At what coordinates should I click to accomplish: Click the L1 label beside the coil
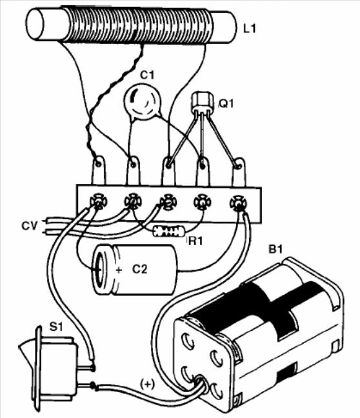tap(249, 28)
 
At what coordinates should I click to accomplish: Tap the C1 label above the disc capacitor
tap(147, 75)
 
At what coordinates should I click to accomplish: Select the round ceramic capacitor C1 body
tap(143, 101)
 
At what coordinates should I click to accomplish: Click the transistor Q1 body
tap(203, 102)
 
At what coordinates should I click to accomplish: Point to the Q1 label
tap(226, 103)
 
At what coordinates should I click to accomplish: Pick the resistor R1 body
tap(168, 231)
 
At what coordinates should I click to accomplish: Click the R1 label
tap(195, 241)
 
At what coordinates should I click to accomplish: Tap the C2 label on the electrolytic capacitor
tap(140, 269)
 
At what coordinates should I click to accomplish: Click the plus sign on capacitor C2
tap(119, 270)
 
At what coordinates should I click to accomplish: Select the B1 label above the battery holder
tap(275, 250)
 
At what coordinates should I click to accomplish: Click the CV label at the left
tap(30, 226)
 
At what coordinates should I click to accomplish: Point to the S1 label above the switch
tap(56, 326)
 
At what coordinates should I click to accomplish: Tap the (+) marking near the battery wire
tap(147, 384)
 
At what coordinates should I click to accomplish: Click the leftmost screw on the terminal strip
tap(98, 201)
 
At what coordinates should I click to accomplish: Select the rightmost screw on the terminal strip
tap(239, 203)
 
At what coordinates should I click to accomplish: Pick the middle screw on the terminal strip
tap(168, 203)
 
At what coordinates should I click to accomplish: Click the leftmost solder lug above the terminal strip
tap(99, 170)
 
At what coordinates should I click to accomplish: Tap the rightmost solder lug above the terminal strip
tap(239, 172)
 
